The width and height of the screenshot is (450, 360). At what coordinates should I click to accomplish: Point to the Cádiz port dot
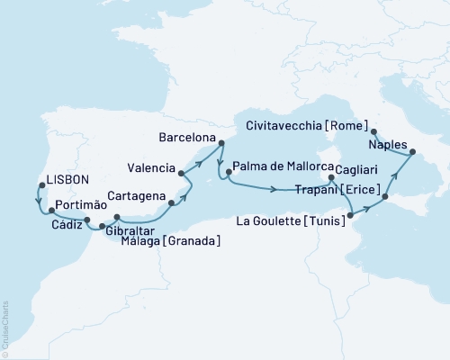[87, 220]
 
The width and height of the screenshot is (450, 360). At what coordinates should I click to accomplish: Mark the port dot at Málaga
[116, 217]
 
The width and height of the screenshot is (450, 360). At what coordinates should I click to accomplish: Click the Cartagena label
[134, 195]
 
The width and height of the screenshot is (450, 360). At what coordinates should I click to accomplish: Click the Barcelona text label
[186, 138]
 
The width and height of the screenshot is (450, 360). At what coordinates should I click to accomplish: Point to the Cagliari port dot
[333, 178]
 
